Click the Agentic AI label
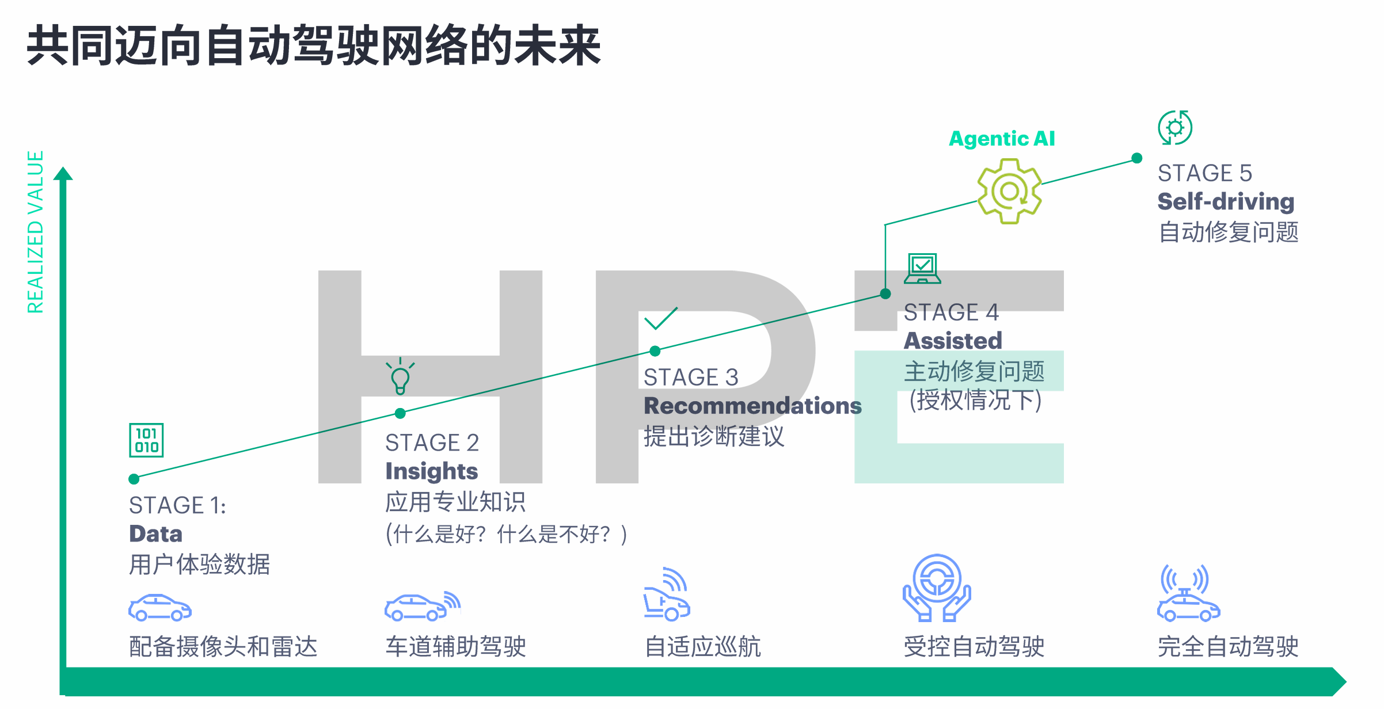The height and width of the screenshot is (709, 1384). [1002, 139]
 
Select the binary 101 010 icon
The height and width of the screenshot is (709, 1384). [146, 440]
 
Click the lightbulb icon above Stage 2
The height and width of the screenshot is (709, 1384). [400, 376]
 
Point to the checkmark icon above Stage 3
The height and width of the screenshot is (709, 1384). [661, 318]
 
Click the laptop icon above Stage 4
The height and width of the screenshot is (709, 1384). [922, 269]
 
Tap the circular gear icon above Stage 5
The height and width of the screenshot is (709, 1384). [1175, 127]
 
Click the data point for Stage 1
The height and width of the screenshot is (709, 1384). [134, 479]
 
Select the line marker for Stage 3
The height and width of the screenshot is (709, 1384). [655, 351]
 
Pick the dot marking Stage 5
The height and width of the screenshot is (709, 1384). [1137, 158]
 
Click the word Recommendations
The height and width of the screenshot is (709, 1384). [752, 406]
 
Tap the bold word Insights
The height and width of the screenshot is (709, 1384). [432, 471]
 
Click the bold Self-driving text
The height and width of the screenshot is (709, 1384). [1226, 201]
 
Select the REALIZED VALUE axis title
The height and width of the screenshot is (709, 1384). [36, 232]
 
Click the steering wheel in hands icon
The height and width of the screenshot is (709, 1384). [937, 588]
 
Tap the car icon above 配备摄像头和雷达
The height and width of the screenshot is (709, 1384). [160, 608]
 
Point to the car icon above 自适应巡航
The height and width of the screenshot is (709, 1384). [667, 594]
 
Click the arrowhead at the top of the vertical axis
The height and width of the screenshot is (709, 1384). [63, 173]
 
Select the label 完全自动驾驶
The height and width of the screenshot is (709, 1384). [1228, 647]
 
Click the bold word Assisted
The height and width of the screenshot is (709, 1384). [953, 341]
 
